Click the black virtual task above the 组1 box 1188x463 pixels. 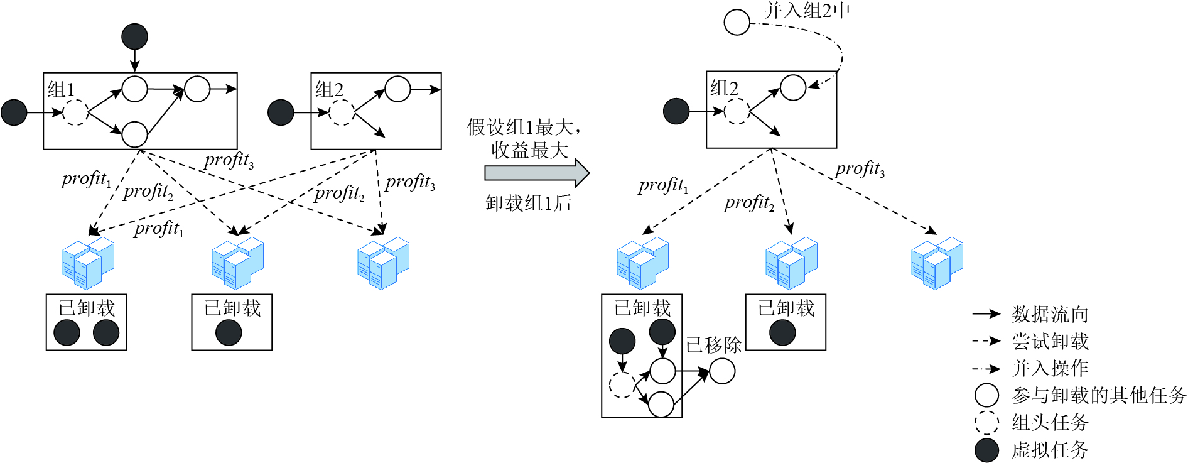click(134, 36)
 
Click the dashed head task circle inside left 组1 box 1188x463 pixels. click(75, 112)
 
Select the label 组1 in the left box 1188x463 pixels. click(61, 89)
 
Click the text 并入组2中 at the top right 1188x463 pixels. click(807, 11)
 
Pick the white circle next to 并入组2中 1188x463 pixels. click(737, 22)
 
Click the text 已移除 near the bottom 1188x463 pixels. click(713, 344)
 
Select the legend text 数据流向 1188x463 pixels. click(1050, 314)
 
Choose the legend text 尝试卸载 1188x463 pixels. click(1050, 341)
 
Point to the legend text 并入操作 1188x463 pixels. click(1050, 368)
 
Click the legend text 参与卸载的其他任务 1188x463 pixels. click(1099, 395)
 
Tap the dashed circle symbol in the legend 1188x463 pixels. click(986, 422)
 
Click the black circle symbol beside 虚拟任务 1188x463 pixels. click(986, 450)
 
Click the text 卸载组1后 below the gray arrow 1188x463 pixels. click(528, 203)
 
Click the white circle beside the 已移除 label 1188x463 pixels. click(722, 371)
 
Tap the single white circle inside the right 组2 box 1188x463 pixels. click(792, 88)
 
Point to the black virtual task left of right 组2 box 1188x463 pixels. click(676, 112)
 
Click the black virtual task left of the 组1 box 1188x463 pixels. click(14, 112)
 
